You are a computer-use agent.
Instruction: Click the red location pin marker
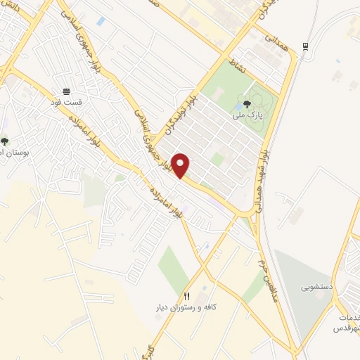181,165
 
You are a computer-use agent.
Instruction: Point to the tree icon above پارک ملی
246,102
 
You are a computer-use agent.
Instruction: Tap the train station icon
304,46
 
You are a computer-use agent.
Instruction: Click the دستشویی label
316,287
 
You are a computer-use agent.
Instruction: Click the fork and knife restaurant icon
186,296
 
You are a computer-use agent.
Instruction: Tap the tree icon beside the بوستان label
5,141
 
